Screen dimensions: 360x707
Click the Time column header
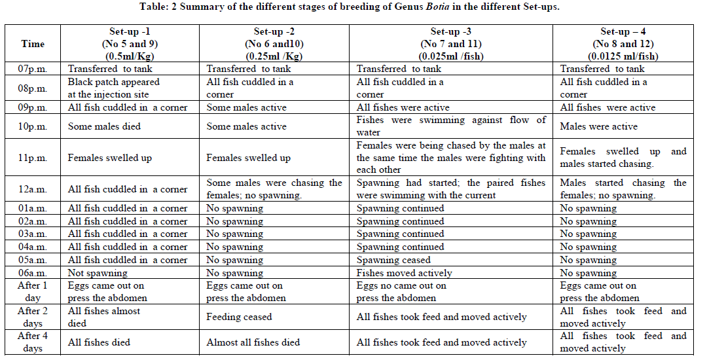coord(33,44)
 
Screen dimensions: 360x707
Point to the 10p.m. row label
coord(33,126)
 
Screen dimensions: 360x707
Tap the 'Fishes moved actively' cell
coord(404,273)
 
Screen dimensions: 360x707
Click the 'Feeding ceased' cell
coord(239,317)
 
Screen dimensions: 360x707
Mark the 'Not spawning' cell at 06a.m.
coord(98,273)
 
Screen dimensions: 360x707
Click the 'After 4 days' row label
coord(33,342)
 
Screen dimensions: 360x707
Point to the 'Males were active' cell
coord(598,126)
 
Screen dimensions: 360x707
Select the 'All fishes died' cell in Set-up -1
coord(99,342)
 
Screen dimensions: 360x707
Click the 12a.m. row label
coord(33,189)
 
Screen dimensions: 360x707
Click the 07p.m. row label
coord(33,69)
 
